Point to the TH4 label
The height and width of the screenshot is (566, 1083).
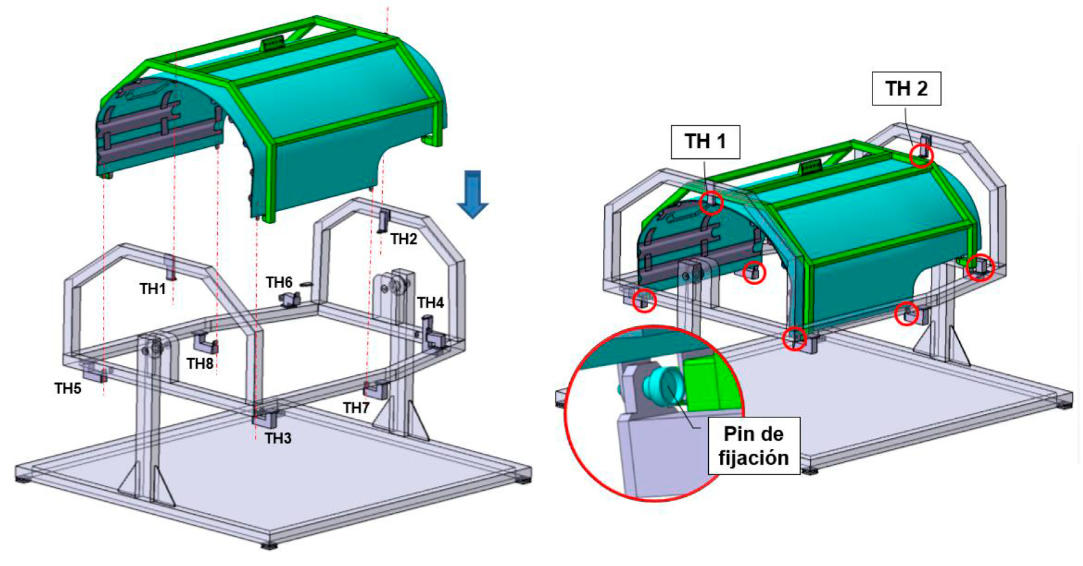pos(430,302)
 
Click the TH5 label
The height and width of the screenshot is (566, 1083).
pos(68,388)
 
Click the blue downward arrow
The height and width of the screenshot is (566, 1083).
pos(472,193)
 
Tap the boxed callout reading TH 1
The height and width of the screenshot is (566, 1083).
pos(705,142)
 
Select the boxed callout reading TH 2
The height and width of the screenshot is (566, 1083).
pos(906,89)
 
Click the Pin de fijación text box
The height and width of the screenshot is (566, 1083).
pos(753,446)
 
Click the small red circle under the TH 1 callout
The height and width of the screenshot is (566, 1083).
pos(711,203)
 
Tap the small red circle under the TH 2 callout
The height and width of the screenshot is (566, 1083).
pos(921,156)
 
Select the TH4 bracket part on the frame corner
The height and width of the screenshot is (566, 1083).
pos(433,334)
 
